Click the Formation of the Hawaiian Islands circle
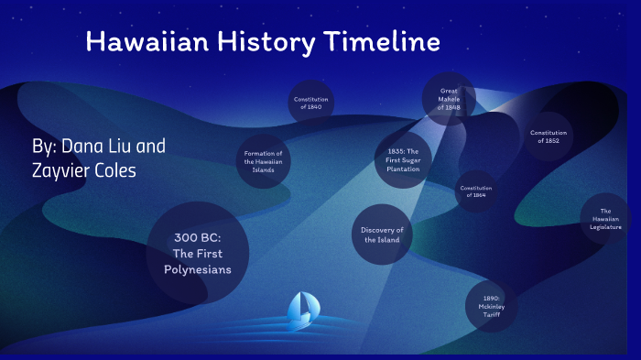[264, 161]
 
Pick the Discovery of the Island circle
[382, 235]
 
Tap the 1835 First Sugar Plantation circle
[403, 160]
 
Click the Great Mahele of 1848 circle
[449, 99]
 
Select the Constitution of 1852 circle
[549, 136]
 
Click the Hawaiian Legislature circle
[605, 219]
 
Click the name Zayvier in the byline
[62, 171]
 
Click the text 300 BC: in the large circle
[198, 237]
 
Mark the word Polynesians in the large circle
[198, 269]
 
